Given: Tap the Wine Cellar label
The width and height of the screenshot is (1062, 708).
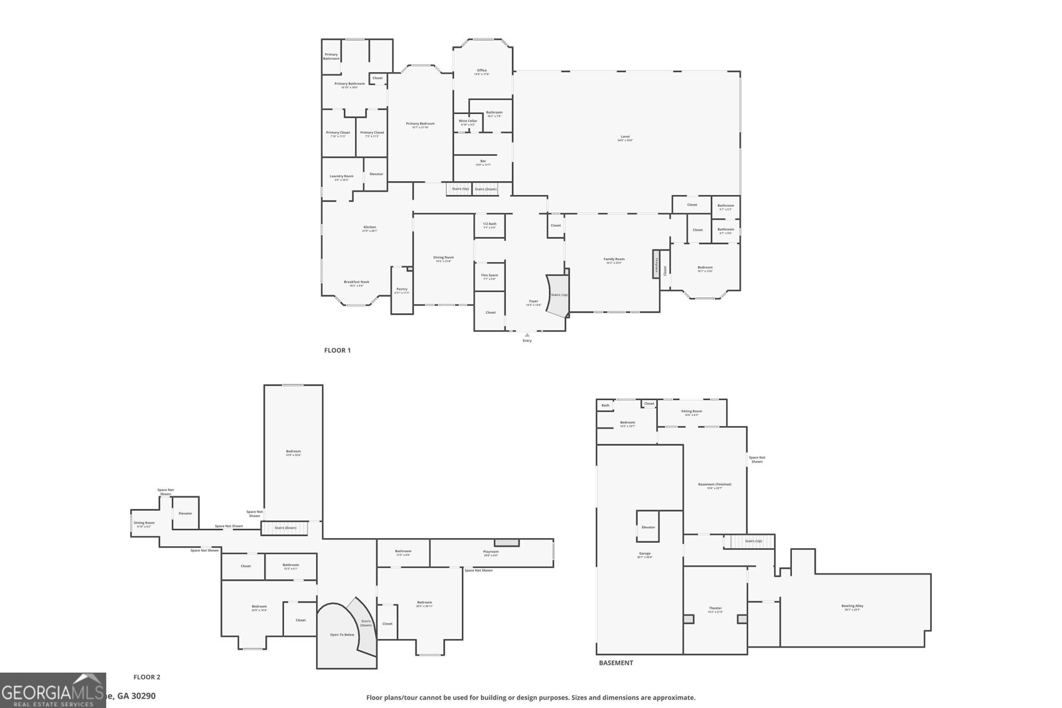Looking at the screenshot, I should click(468, 121).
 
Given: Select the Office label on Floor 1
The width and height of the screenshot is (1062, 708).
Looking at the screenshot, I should click(482, 71).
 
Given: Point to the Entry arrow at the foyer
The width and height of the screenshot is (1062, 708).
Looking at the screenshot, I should click(527, 335).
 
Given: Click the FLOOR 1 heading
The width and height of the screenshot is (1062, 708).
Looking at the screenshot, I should click(337, 350).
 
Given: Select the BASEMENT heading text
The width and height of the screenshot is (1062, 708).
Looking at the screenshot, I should click(616, 663).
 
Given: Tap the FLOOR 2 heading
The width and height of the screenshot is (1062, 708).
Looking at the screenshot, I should click(147, 677).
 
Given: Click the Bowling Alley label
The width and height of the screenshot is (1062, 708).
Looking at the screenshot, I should click(852, 606).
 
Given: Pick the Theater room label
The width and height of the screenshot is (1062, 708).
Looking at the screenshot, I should click(715, 609).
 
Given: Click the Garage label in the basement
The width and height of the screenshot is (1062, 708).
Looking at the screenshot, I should click(645, 554).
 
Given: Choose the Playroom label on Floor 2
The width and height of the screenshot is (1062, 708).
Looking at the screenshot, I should click(491, 552).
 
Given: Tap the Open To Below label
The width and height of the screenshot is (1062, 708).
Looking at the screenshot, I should click(342, 635).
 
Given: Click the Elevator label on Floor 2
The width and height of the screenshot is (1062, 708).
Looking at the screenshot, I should click(185, 513).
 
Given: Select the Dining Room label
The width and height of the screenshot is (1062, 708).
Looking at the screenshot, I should click(443, 258).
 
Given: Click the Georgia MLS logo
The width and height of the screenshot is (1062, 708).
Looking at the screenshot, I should click(52, 690).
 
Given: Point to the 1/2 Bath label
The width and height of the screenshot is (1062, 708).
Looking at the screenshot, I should click(489, 224).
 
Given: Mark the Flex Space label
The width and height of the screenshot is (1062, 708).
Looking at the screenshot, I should click(489, 276).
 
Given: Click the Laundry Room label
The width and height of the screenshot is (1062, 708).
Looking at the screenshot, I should click(342, 177).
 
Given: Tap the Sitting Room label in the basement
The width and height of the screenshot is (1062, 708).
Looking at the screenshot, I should click(691, 412).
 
